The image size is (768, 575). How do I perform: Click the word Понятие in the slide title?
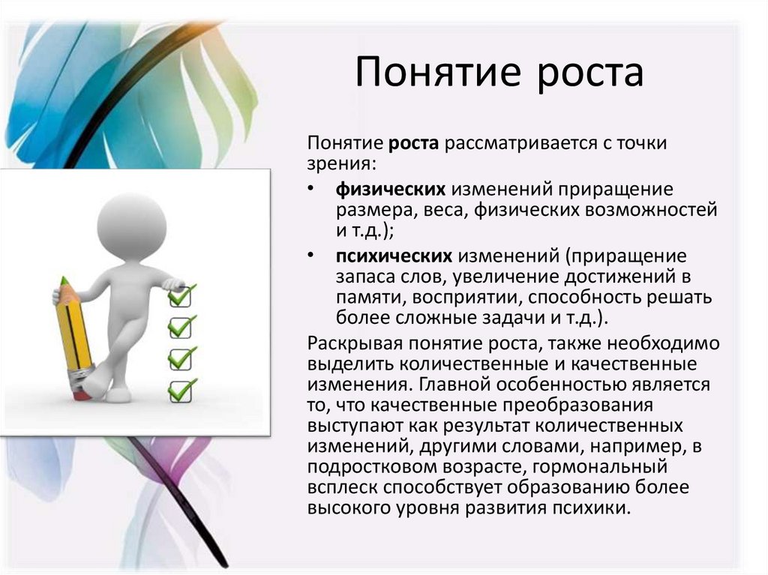click(x=437, y=72)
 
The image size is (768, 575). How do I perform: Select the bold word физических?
click(x=390, y=189)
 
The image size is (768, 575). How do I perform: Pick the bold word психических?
click(x=394, y=256)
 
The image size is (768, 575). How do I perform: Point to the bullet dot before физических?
click(x=310, y=188)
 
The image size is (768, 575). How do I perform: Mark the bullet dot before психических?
click(x=310, y=255)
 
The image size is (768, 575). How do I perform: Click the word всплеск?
click(x=342, y=487)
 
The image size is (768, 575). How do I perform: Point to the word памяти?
click(x=370, y=298)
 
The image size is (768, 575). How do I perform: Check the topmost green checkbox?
click(x=181, y=295)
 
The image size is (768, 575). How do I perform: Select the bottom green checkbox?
click(x=181, y=391)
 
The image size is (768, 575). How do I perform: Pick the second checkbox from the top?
click(x=181, y=327)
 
